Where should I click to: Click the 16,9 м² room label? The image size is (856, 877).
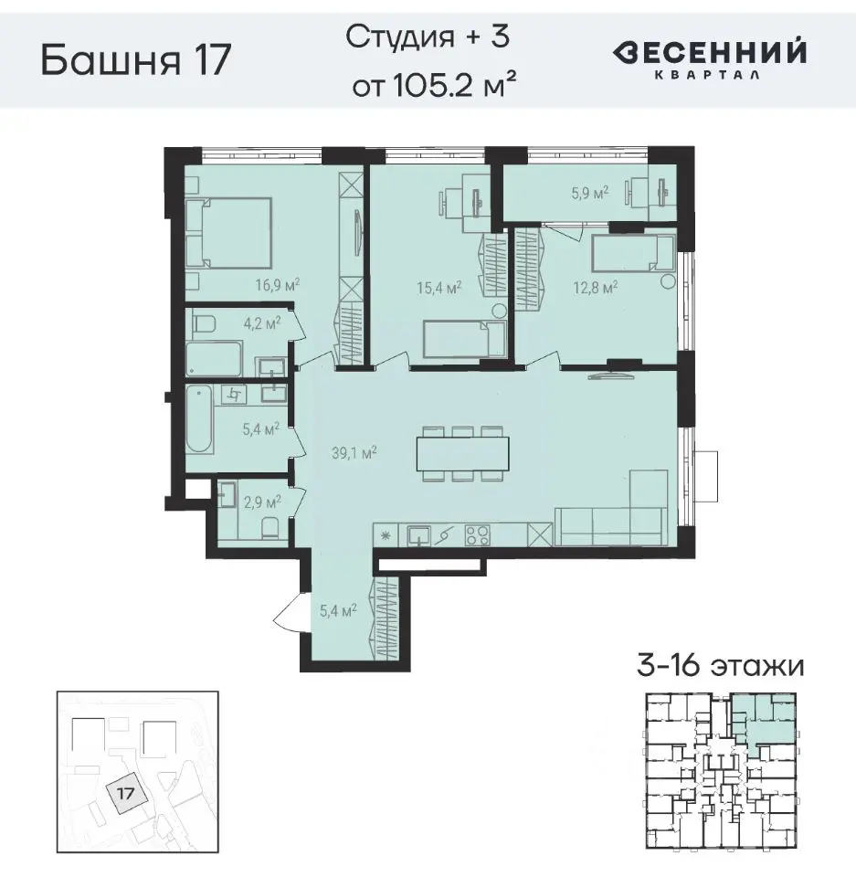point(279,284)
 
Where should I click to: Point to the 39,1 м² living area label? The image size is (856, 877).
point(354,450)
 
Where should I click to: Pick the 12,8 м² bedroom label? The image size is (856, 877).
point(597,286)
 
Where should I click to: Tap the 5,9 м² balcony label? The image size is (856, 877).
point(589,192)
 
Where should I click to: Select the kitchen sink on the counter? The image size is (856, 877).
point(418,534)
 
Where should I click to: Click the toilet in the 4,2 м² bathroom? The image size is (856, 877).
point(202,322)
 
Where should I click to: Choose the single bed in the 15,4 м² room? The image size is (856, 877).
point(463,339)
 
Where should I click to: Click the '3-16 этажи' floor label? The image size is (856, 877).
point(721,666)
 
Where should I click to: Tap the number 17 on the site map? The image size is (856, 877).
point(126,793)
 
